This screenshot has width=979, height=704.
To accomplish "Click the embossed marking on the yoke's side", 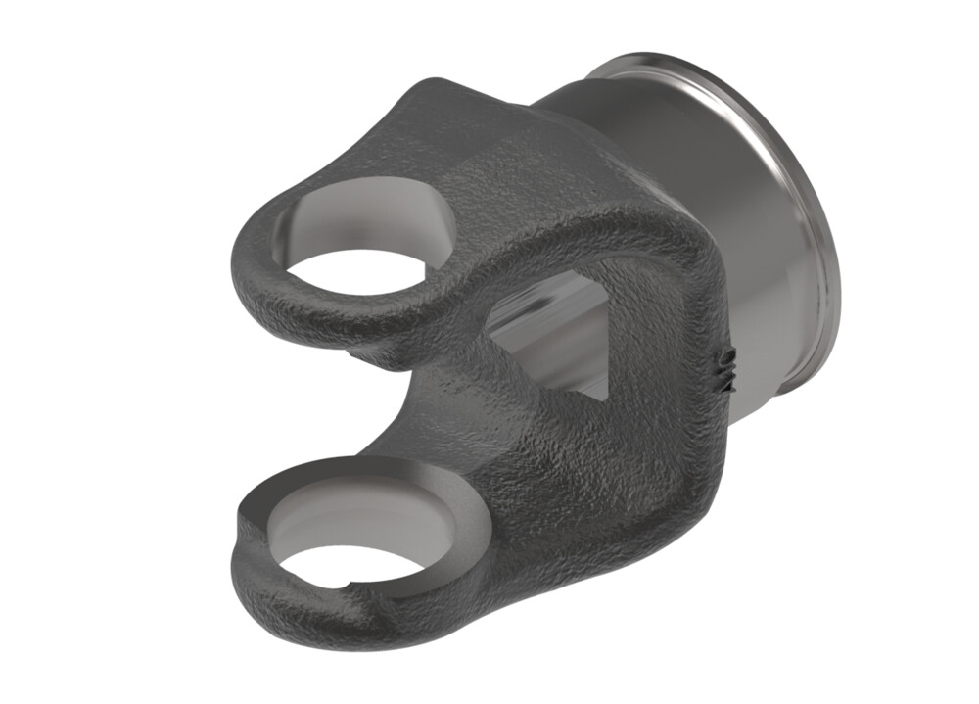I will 726,368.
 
